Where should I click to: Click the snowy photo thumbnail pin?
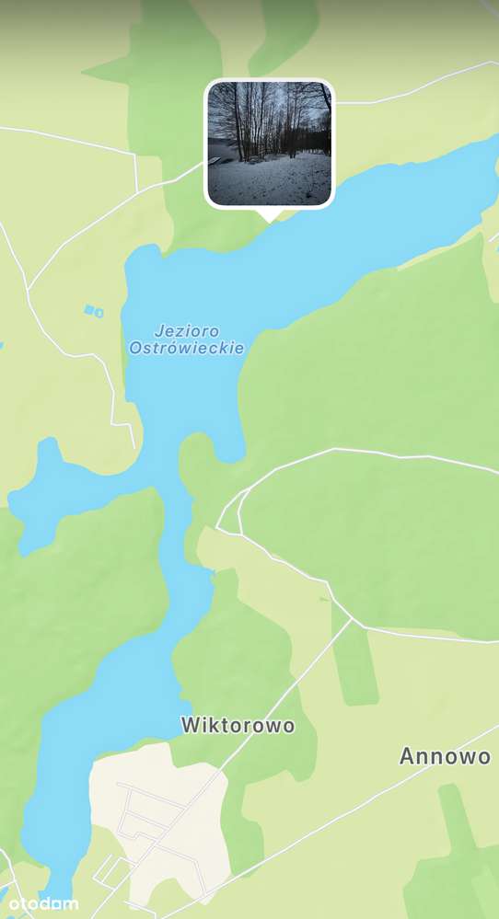[269, 143]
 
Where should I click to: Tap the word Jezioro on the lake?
[187, 330]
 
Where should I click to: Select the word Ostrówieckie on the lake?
[187, 348]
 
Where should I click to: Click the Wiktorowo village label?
[238, 725]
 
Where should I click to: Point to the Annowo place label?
[445, 756]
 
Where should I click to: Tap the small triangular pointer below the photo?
[269, 215]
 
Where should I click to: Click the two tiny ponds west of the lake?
[93, 311]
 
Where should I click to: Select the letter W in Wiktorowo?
[190, 725]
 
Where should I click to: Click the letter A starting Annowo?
[406, 756]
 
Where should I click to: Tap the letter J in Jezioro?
[159, 330]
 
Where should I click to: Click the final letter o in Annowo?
[484, 756]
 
